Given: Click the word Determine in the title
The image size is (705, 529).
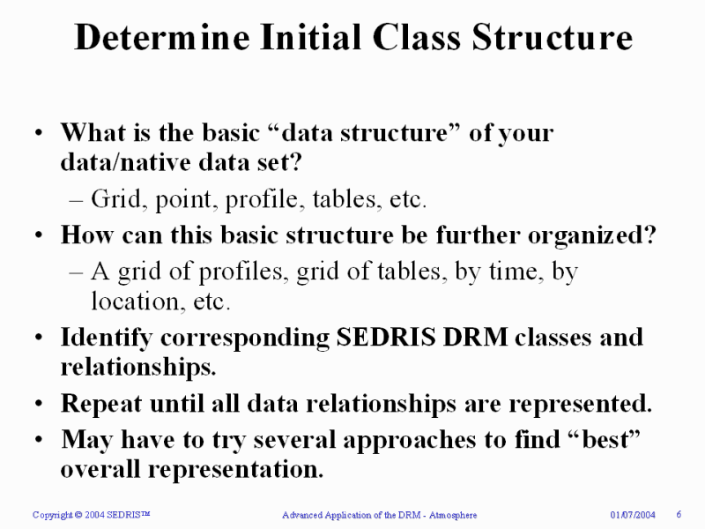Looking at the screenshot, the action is click(162, 37).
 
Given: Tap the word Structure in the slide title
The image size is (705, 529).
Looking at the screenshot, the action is click(553, 37).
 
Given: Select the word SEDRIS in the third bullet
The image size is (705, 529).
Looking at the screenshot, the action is click(386, 337).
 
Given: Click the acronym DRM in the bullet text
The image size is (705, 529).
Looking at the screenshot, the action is click(475, 337).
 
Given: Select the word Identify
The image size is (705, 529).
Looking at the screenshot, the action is click(107, 339).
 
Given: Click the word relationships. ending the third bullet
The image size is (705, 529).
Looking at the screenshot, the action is click(138, 367).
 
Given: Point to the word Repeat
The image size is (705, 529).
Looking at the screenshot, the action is click(101, 404).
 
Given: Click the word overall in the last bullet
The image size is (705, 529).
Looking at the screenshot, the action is click(100, 469).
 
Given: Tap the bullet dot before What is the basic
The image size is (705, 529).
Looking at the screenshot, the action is click(39, 133).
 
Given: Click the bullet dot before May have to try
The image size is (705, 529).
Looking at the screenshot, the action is click(39, 439).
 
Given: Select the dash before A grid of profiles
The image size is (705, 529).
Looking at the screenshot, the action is click(77, 273).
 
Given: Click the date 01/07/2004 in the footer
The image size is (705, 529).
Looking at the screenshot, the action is click(633, 515).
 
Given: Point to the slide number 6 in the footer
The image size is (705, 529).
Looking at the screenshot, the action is click(679, 514).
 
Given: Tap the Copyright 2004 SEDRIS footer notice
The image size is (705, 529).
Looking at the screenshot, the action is click(92, 515).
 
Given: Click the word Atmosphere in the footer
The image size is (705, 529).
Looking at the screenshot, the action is click(453, 515).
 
